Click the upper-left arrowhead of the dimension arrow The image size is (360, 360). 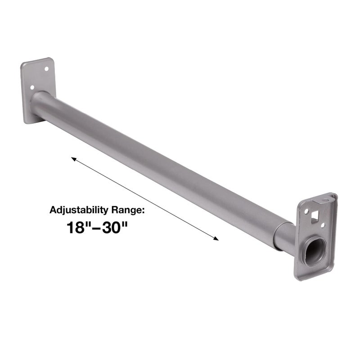click(73, 158)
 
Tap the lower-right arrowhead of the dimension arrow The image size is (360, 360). click(217, 239)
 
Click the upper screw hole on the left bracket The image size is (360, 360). click(46, 69)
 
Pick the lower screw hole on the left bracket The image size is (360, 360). click(31, 88)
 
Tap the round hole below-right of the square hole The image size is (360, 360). click(323, 225)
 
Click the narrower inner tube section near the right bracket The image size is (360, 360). click(284, 236)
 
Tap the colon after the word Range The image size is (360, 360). click(146, 211)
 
